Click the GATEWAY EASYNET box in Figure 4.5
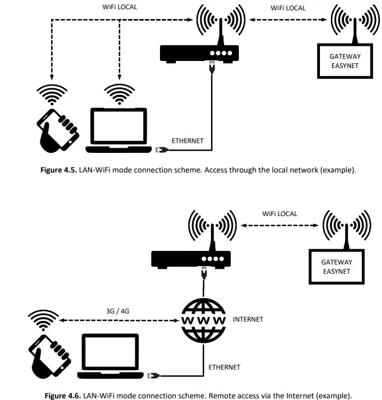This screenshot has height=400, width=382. [x=344, y=61]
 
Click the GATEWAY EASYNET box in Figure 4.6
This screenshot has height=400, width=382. [x=336, y=266]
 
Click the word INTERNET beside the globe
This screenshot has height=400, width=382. [x=248, y=319]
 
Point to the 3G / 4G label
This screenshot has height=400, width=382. [x=118, y=311]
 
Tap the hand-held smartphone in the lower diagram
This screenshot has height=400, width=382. [x=50, y=354]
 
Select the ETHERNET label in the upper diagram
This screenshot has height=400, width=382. [x=187, y=141]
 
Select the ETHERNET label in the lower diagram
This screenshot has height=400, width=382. [x=224, y=367]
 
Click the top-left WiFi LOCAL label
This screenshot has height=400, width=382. [x=120, y=8]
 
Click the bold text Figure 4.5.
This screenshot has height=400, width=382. [x=59, y=170]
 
